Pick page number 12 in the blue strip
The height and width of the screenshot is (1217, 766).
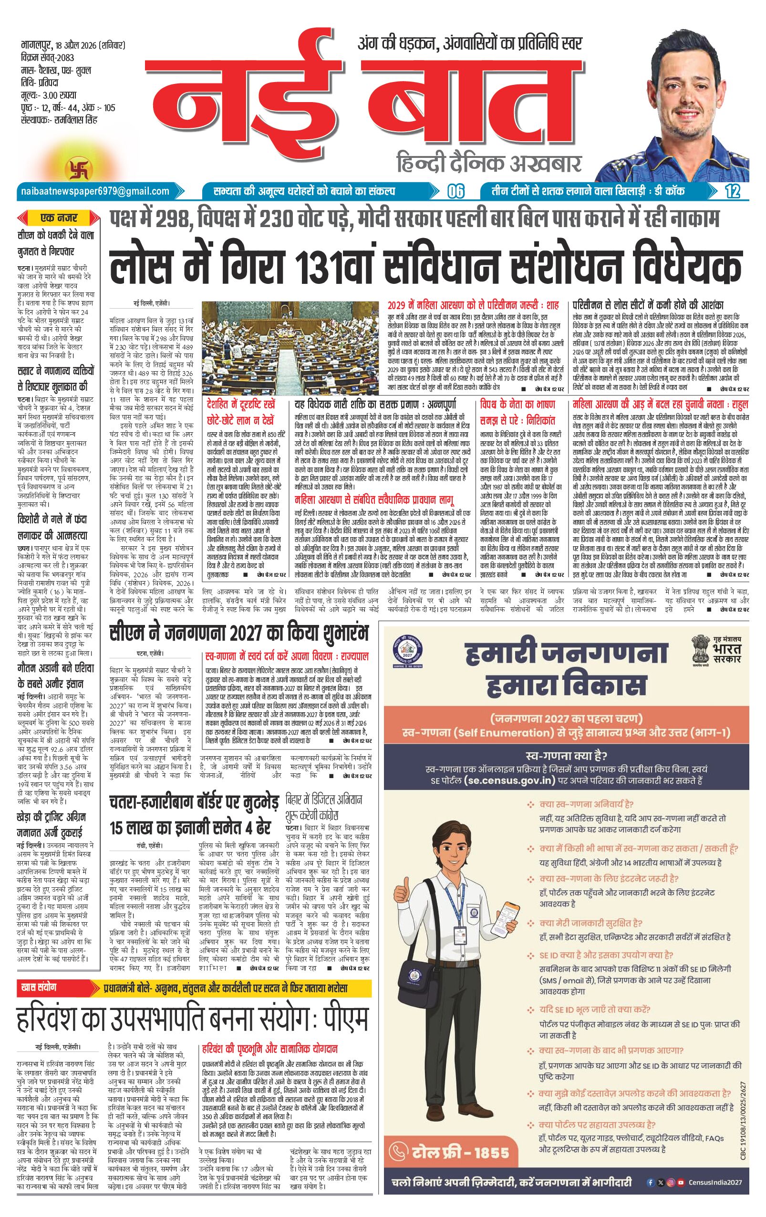click(x=732, y=191)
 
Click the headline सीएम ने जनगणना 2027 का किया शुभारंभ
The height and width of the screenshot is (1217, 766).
click(x=239, y=632)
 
